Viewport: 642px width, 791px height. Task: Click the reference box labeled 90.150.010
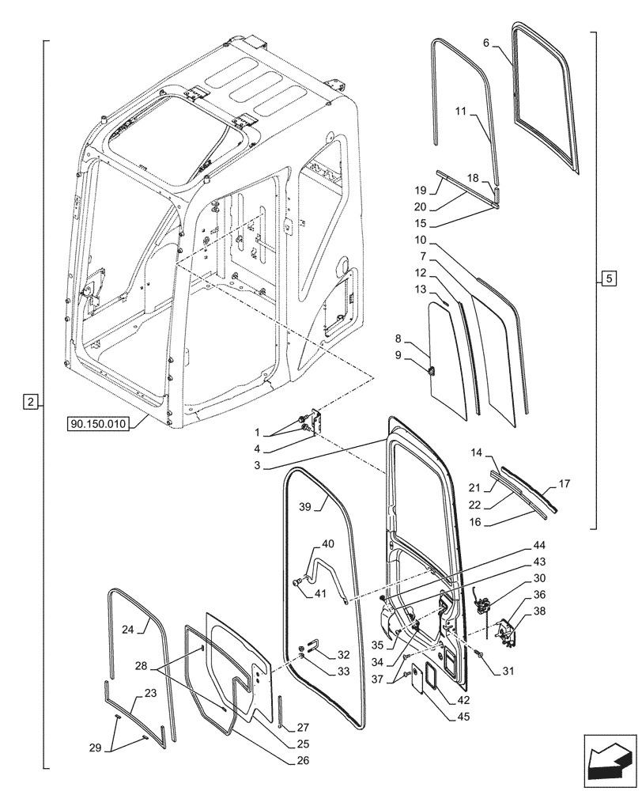[x=98, y=423]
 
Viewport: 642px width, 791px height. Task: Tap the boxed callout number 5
[x=607, y=278]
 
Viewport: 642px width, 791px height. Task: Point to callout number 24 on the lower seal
[x=129, y=630]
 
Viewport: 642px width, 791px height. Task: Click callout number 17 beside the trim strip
[x=564, y=483]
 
